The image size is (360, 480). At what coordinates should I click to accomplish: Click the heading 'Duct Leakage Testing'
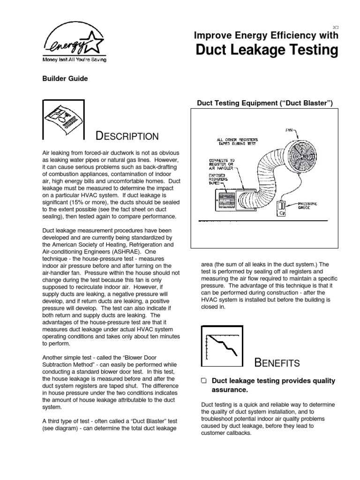point(266,50)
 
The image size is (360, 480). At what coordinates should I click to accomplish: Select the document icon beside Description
point(63,120)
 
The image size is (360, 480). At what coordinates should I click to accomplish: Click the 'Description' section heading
point(127,136)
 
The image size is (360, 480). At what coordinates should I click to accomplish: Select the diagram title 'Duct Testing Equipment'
point(264,103)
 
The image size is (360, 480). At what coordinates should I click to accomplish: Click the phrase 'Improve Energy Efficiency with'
point(266,35)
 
